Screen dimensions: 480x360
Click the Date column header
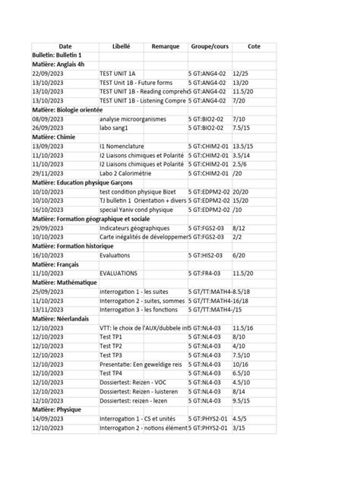(x=65, y=46)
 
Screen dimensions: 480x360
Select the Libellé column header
(x=121, y=46)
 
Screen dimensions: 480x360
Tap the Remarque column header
(x=165, y=46)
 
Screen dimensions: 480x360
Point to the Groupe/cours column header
(x=210, y=46)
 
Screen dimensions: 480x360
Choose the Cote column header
(x=254, y=46)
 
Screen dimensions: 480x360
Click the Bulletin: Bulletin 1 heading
(x=58, y=56)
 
